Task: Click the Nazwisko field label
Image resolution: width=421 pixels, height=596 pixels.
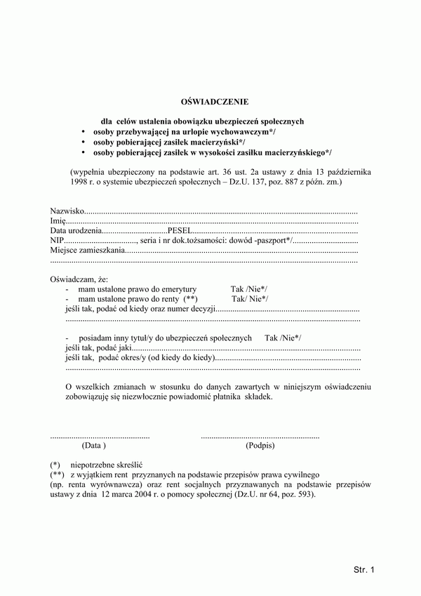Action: click(x=67, y=211)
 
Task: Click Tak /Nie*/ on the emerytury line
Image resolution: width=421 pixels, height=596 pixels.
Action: click(x=248, y=289)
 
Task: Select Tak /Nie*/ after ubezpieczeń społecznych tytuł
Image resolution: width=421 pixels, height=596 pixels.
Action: click(x=283, y=338)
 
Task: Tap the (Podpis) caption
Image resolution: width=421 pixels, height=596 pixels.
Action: click(x=260, y=445)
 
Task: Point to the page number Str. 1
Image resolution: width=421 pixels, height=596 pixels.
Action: click(x=365, y=569)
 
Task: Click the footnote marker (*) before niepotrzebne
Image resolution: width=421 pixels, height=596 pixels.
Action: click(x=55, y=465)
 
